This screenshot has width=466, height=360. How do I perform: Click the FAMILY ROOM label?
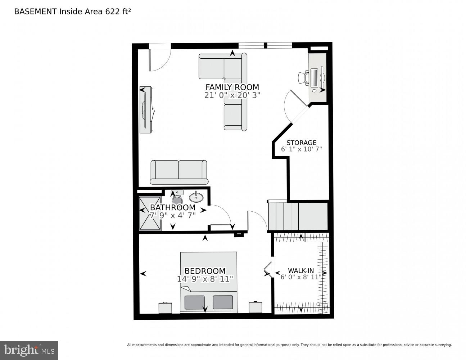pyautogui.click(x=232, y=87)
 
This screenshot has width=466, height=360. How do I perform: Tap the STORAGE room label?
pyautogui.click(x=301, y=143)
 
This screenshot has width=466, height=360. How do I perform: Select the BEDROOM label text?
pyautogui.click(x=205, y=271)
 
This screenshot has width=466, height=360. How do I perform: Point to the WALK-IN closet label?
pyautogui.click(x=301, y=271)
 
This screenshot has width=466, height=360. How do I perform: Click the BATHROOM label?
pyautogui.click(x=173, y=208)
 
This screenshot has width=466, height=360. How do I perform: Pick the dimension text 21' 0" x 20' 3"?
pyautogui.click(x=232, y=95)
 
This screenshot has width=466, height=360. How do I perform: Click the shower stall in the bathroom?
pyautogui.click(x=150, y=213)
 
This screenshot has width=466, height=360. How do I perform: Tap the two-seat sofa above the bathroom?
pyautogui.click(x=179, y=172)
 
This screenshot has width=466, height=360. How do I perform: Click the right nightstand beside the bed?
pyautogui.click(x=255, y=307)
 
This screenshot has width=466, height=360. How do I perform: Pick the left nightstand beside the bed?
pyautogui.click(x=165, y=308)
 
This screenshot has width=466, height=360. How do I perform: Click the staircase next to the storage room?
pyautogui.click(x=298, y=216)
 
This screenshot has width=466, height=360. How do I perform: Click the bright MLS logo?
pyautogui.click(x=29, y=350)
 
